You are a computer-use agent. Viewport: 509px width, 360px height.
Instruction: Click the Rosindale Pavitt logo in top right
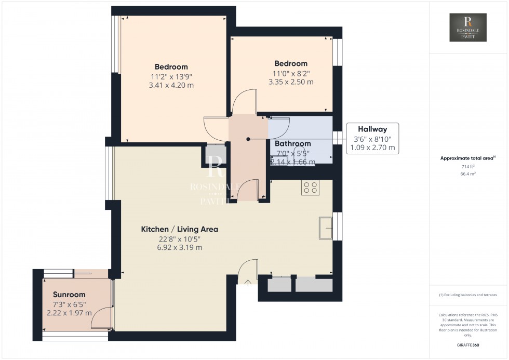click(x=468, y=28)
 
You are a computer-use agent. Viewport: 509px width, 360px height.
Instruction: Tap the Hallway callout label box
click(x=372, y=138)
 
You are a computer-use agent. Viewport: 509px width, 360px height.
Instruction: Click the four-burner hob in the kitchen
click(x=311, y=187)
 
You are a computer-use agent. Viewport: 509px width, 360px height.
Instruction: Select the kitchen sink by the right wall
click(x=326, y=228)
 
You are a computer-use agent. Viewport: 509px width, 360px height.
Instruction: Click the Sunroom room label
click(x=69, y=295)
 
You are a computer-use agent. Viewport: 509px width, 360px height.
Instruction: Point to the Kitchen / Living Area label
click(x=180, y=229)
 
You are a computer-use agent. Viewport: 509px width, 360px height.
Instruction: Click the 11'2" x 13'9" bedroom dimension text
click(x=171, y=76)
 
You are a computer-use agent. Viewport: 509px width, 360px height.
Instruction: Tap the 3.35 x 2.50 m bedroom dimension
click(x=291, y=82)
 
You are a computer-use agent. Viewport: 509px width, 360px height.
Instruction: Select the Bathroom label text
click(x=292, y=143)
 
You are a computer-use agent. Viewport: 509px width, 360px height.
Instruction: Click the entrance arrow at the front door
click(x=248, y=283)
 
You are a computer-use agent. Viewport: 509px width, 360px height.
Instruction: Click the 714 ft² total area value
click(x=468, y=166)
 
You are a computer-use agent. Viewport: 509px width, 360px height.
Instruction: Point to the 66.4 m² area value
click(x=468, y=174)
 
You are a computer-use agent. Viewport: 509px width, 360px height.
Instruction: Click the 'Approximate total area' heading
click(x=467, y=158)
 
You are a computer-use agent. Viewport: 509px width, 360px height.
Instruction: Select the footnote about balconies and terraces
click(x=468, y=295)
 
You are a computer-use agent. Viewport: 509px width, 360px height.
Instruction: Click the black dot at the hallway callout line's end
click(x=248, y=139)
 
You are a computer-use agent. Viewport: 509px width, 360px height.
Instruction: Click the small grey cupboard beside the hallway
click(x=213, y=157)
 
